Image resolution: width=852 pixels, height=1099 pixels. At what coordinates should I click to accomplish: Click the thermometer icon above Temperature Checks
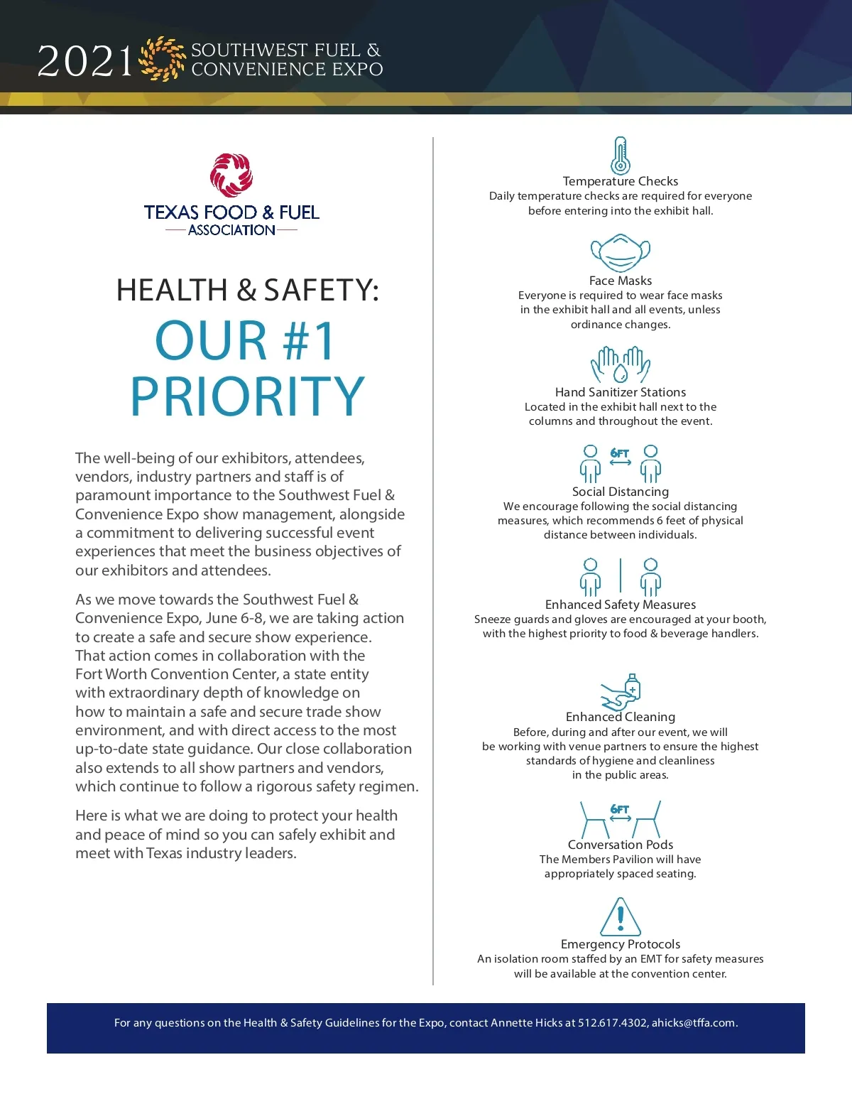(x=621, y=156)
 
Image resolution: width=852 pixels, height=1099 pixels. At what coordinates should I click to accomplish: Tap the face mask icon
(x=621, y=253)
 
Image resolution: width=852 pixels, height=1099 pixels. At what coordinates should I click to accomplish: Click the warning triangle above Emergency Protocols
(x=621, y=917)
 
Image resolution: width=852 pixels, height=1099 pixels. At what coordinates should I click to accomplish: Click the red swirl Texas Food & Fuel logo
(x=231, y=175)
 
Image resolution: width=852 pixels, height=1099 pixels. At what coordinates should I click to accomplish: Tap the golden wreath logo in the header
(x=163, y=59)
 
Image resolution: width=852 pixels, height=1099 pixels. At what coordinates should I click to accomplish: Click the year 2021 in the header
(x=85, y=62)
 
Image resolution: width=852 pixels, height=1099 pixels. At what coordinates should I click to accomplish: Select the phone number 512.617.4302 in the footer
(x=612, y=1023)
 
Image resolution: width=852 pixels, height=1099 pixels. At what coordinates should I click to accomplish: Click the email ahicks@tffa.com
(x=694, y=1023)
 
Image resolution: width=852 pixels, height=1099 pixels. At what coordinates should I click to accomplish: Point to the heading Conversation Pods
(x=621, y=845)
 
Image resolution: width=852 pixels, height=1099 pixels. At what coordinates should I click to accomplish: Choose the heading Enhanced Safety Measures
(x=621, y=605)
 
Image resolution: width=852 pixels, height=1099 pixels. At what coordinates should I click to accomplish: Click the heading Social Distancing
(x=621, y=492)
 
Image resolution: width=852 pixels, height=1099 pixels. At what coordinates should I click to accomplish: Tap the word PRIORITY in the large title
(x=247, y=396)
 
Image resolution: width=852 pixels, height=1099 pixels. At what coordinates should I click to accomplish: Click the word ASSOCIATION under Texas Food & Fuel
(x=231, y=230)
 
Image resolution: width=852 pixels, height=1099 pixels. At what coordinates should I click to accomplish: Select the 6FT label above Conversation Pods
(x=620, y=809)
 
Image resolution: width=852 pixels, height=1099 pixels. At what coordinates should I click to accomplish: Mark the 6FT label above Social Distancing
(x=620, y=453)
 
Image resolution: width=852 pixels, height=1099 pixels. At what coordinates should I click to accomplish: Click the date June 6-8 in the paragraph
(x=234, y=618)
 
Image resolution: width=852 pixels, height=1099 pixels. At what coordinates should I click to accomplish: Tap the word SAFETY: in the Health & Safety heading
(x=321, y=290)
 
